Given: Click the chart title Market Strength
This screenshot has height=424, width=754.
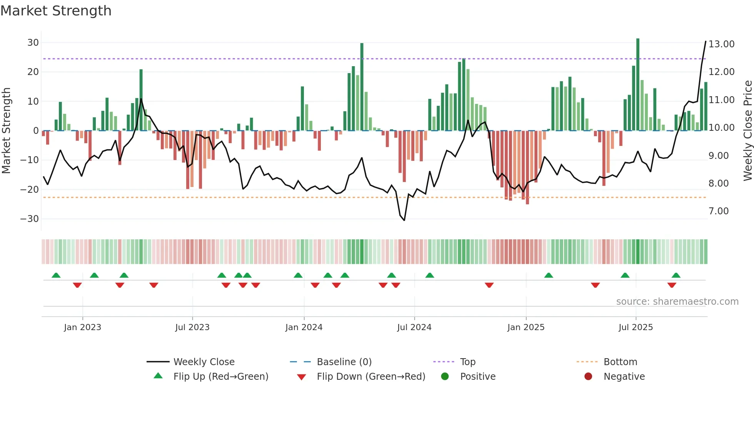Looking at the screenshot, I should point(56,11).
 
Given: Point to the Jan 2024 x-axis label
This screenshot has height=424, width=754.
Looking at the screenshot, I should point(304,327).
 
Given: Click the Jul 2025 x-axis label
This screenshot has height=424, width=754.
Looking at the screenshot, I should point(636,327).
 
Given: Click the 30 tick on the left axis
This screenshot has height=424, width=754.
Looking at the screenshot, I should point(33,43).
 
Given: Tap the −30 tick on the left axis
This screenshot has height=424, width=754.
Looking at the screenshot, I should point(30,219).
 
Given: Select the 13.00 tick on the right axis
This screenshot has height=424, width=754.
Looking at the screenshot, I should point(721,44).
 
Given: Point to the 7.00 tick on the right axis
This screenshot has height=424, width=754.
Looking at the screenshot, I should point(718,211).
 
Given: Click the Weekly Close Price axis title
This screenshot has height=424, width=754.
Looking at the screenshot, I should point(747,131).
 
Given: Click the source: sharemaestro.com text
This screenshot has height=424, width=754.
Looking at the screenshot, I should point(677,302).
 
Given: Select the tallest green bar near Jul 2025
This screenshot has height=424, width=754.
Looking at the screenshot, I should point(638,85).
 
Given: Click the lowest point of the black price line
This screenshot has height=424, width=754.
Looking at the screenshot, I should point(404,220).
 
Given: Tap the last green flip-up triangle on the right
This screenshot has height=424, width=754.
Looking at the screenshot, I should point(676,275).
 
